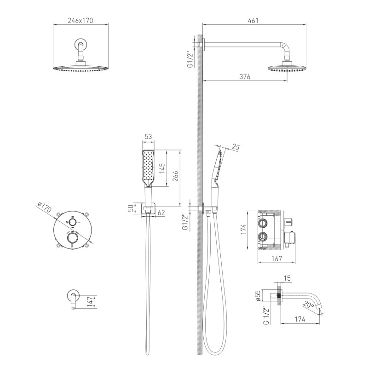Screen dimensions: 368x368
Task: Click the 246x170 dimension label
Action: point(80,21)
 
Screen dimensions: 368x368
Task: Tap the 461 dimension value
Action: point(253,21)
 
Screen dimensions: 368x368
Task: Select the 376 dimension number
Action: point(245,76)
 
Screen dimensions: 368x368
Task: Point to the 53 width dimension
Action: point(148,137)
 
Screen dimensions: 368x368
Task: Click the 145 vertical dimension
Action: point(162,168)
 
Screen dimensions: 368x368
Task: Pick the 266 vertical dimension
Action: point(175,176)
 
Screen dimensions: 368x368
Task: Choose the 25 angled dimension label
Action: point(236,147)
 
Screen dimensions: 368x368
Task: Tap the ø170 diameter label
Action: point(44,207)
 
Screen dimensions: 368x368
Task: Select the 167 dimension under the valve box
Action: point(277,259)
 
